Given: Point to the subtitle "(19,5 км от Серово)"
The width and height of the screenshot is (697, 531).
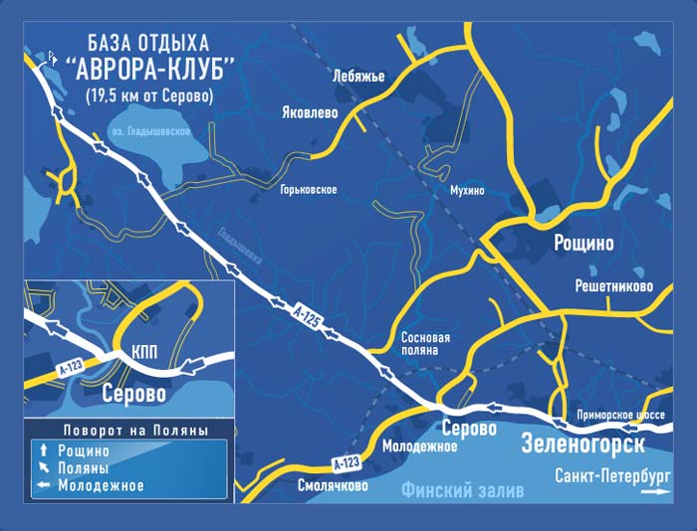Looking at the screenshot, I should click(149, 96).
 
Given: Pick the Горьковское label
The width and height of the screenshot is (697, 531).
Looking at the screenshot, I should click(309, 189).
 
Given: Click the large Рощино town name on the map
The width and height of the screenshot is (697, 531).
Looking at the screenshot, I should click(582, 243).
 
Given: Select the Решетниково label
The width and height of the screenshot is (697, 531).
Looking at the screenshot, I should click(613, 286).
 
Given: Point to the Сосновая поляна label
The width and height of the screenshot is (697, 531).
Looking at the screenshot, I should click(425, 344).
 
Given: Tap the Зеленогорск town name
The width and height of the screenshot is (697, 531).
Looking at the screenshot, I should click(582, 443).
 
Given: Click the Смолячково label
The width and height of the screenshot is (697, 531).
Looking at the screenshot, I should click(333, 486).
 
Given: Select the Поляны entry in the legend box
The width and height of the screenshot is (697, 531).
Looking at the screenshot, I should click(84, 468).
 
